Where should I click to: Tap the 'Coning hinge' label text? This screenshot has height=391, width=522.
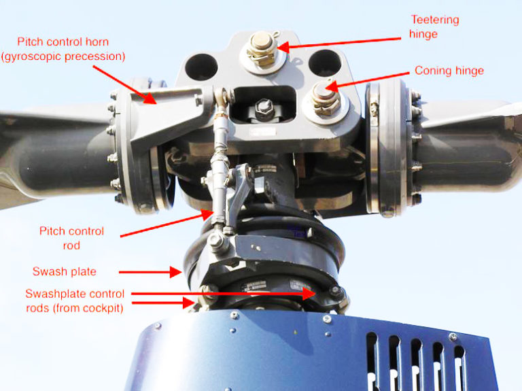449,71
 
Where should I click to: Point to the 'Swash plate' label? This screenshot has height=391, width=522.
65,271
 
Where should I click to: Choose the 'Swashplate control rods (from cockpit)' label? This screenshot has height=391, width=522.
75,301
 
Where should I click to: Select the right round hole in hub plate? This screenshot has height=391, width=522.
324,63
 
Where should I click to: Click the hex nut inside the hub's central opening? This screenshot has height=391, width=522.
264,107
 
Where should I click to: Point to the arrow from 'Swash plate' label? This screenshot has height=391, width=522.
150,272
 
